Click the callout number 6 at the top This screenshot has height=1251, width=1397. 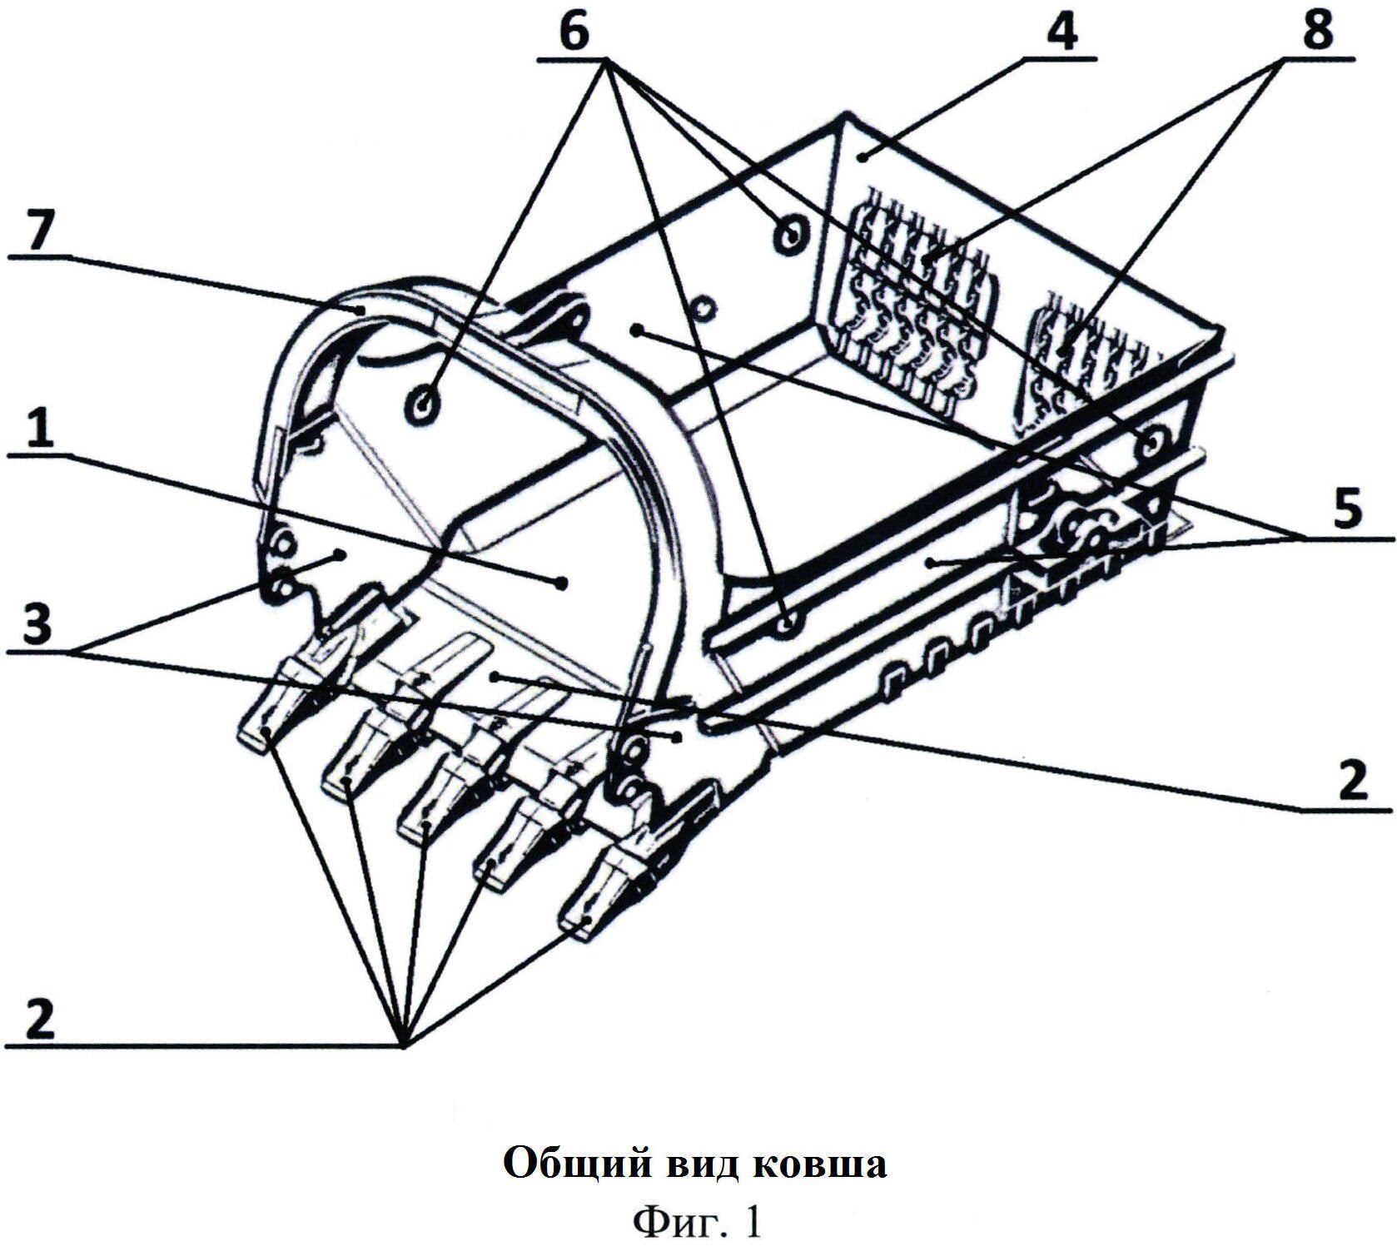point(574,33)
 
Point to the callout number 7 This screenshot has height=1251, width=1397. point(33,236)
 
